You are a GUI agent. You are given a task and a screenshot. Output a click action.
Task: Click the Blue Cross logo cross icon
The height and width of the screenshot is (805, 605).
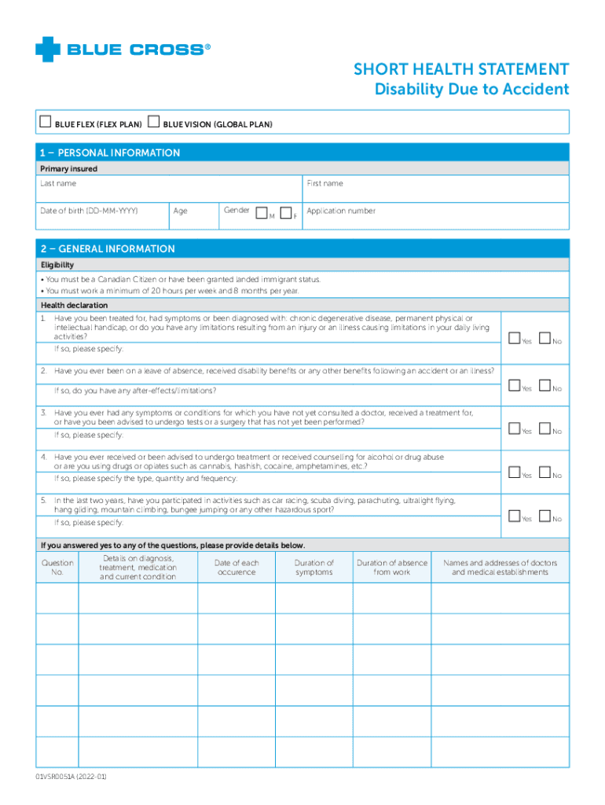(48, 50)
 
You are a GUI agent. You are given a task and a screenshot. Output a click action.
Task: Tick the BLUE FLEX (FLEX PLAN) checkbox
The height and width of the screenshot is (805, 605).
(45, 122)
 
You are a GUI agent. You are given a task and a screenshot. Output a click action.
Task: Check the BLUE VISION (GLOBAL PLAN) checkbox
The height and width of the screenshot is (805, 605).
(154, 122)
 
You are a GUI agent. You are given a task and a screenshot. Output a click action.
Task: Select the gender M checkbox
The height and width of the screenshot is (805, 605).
(261, 212)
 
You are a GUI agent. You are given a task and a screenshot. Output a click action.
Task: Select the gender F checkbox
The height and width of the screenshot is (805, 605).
(287, 212)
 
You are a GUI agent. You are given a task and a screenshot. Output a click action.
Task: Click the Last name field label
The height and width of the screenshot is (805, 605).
(58, 183)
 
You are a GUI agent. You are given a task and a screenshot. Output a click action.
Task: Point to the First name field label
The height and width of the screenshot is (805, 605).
(324, 183)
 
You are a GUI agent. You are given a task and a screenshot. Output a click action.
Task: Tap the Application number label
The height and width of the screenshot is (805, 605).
(341, 211)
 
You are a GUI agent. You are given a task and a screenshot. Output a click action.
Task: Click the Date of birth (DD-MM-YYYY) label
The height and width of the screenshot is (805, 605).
(89, 211)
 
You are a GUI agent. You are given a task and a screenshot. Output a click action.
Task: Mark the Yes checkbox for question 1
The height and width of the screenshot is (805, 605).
(514, 339)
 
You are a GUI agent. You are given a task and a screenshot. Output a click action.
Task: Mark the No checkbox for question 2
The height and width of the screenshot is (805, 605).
(545, 386)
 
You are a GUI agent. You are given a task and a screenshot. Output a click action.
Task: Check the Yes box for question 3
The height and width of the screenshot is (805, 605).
(514, 429)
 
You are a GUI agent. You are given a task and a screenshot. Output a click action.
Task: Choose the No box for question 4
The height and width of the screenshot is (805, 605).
(545, 473)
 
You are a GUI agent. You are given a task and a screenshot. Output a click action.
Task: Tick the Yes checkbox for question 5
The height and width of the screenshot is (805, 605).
(514, 516)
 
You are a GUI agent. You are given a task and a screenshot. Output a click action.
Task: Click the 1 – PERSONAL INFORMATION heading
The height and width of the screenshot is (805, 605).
(110, 153)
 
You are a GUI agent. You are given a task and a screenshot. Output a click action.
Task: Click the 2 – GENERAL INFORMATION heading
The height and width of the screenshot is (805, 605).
(108, 248)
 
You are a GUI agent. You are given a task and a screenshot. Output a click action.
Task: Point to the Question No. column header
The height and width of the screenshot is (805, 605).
(57, 568)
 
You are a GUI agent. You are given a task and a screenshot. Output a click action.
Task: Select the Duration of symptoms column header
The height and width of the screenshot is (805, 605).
(313, 568)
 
